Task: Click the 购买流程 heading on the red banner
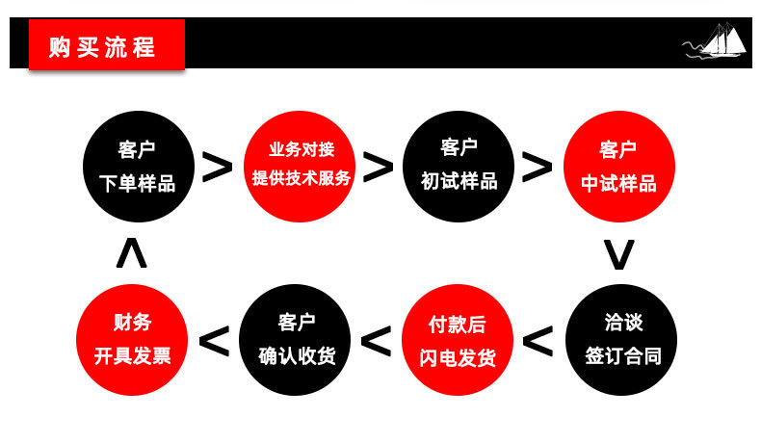(x=102, y=45)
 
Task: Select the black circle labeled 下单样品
(x=138, y=166)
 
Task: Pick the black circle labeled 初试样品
(x=459, y=166)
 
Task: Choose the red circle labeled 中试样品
(x=618, y=166)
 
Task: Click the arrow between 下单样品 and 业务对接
(x=219, y=168)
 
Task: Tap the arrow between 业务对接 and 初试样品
(x=380, y=168)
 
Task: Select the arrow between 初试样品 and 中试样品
(x=538, y=168)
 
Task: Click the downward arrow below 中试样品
(x=618, y=254)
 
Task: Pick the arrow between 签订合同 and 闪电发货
(x=538, y=341)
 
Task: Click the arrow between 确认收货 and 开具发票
(x=214, y=341)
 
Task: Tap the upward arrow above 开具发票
(x=132, y=253)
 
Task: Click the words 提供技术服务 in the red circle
(x=302, y=178)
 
